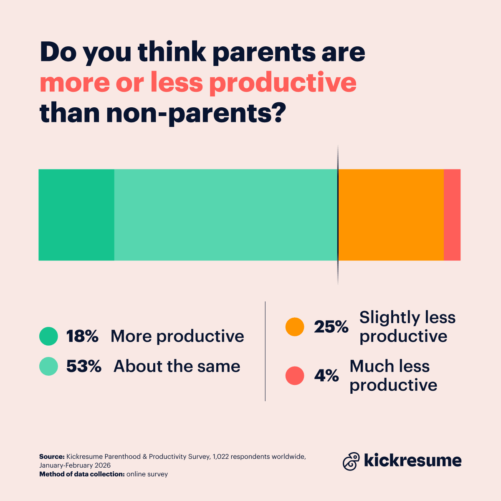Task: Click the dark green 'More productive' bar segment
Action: pyautogui.click(x=76, y=215)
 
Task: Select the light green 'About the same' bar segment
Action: pyautogui.click(x=225, y=215)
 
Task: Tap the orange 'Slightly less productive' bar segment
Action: pyautogui.click(x=391, y=215)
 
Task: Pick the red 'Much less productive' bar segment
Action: pyautogui.click(x=452, y=215)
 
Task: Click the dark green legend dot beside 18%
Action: pyautogui.click(x=48, y=336)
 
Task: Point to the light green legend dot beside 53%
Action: pyautogui.click(x=48, y=366)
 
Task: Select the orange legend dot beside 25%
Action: pyautogui.click(x=295, y=327)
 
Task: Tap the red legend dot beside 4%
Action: pyautogui.click(x=295, y=376)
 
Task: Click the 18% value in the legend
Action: pyautogui.click(x=82, y=336)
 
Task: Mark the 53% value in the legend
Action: pyautogui.click(x=84, y=366)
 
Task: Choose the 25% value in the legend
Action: pyautogui.click(x=331, y=327)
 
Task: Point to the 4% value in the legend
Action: pyautogui.click(x=326, y=376)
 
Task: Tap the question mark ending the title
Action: pyautogui.click(x=278, y=113)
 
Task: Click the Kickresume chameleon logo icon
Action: pyautogui.click(x=351, y=461)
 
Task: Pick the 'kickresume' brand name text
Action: pyautogui.click(x=412, y=461)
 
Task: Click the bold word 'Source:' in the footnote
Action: pyautogui.click(x=52, y=457)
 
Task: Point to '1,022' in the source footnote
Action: pyautogui.click(x=220, y=457)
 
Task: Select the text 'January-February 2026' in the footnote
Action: pyautogui.click(x=75, y=465)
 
